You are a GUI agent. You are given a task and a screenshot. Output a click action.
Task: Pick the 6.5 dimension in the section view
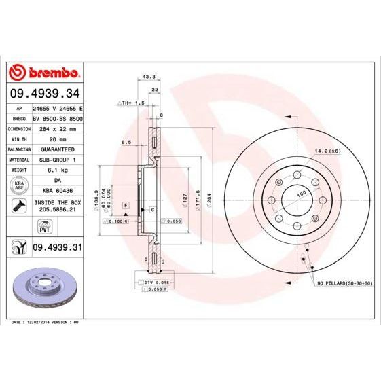[x=126, y=143]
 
